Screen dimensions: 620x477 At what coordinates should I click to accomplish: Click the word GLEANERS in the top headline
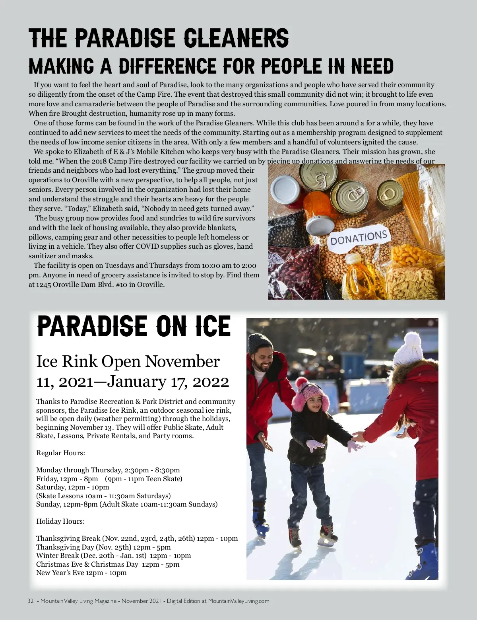point(237,38)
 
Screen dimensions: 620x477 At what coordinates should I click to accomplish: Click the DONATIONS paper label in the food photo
point(359,238)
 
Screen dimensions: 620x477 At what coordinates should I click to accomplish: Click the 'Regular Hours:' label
point(60,453)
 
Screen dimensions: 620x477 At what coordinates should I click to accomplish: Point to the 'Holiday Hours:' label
point(60,521)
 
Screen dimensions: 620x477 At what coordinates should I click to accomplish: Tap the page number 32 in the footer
point(31,601)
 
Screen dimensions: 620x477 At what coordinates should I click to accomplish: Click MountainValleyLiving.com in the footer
point(238,601)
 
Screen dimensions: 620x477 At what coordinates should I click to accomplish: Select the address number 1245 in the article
point(43,285)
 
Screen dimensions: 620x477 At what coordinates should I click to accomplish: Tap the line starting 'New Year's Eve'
point(81,573)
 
